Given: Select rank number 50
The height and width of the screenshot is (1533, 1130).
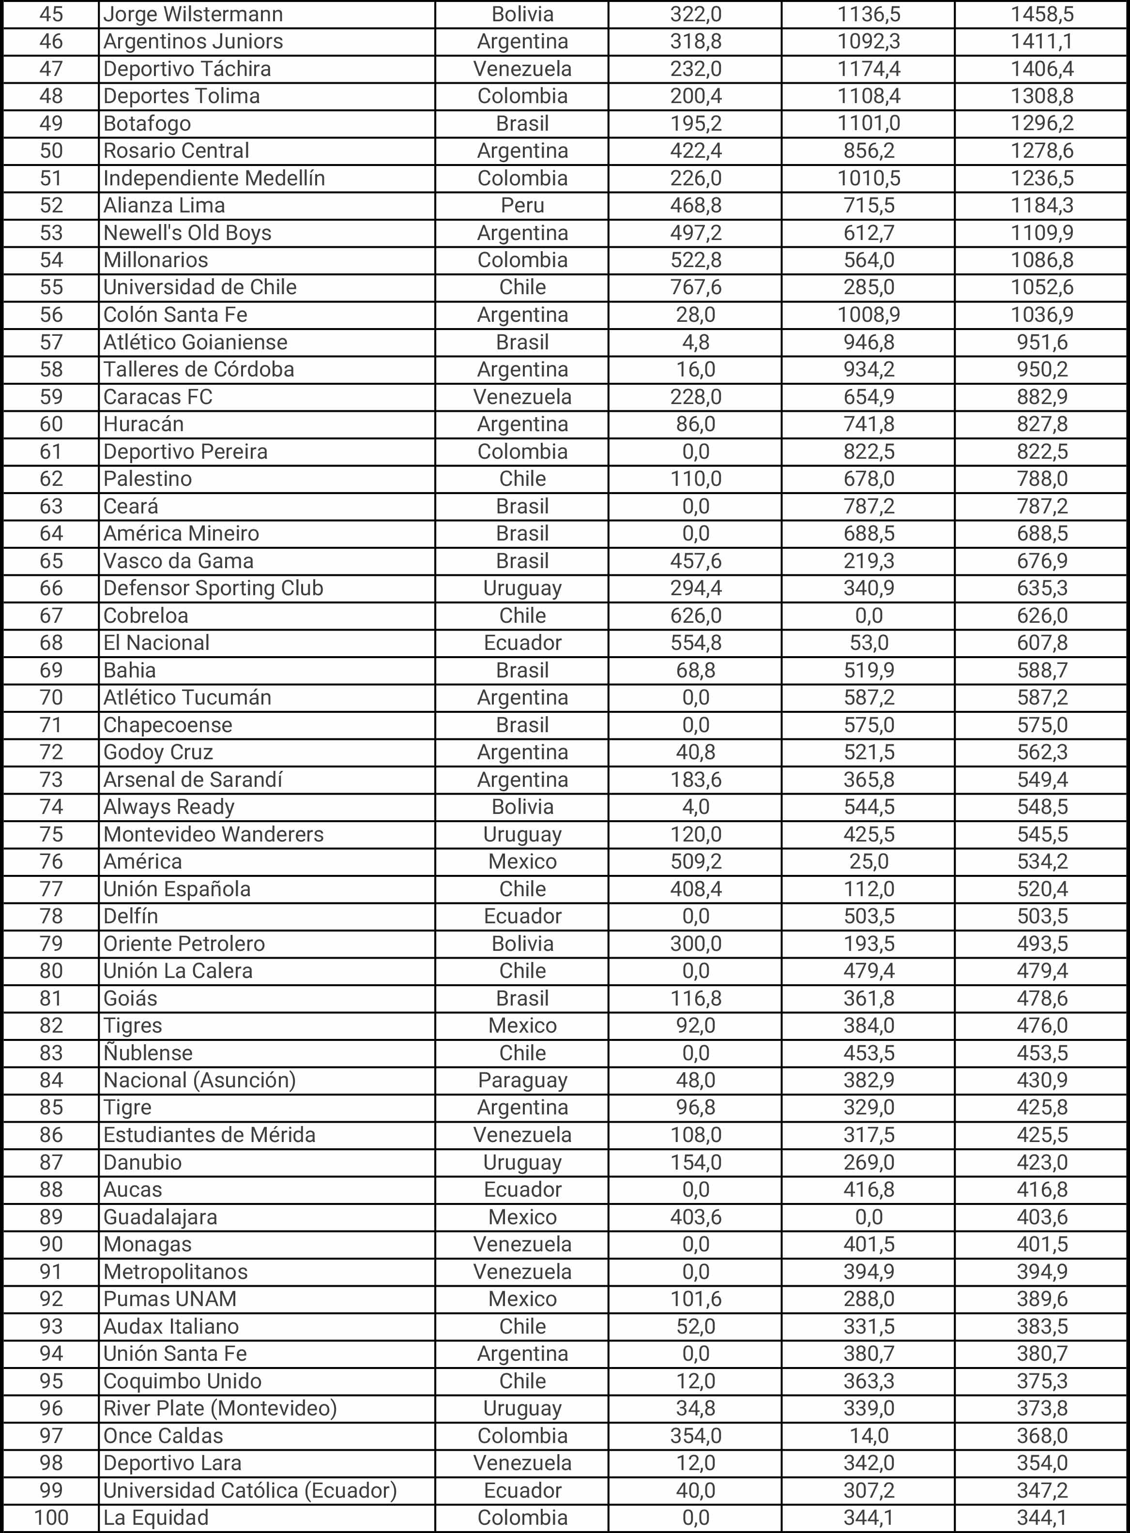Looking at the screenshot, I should [51, 150].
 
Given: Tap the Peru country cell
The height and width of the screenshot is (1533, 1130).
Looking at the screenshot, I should [522, 205].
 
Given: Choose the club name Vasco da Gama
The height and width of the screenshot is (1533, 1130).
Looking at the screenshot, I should [179, 561].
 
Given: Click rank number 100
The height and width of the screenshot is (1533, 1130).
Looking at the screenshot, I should [51, 1518].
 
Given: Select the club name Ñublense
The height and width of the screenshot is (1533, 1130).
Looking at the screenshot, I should [148, 1052].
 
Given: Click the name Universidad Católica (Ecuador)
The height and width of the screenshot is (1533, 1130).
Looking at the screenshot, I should [250, 1490].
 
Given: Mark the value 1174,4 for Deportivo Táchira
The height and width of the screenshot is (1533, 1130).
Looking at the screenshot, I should [869, 68].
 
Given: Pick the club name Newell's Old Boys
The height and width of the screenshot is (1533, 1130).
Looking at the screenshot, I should [187, 232].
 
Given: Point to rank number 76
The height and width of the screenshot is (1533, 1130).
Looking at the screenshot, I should [51, 861].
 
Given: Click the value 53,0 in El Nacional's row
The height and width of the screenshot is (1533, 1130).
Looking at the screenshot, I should [869, 643].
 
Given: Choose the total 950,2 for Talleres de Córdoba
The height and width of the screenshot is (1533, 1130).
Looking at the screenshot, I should [1042, 369].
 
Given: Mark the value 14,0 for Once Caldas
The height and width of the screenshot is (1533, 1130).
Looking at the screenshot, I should [869, 1435].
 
